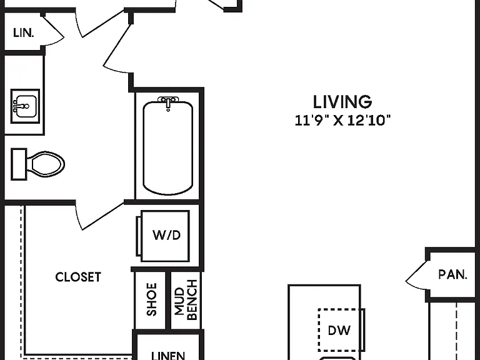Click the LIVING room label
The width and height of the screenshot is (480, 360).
[342, 102]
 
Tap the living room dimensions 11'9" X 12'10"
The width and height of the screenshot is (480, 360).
[342, 120]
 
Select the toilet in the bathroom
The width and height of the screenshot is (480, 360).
[38, 164]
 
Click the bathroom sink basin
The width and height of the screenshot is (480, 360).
[26, 106]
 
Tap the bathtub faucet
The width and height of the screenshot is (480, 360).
[167, 102]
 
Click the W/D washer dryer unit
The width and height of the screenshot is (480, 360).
[165, 236]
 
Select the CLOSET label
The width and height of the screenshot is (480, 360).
[78, 277]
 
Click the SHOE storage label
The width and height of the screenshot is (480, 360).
[152, 299]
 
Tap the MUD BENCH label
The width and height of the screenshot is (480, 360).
[186, 300]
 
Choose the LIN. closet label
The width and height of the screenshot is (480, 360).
[23, 32]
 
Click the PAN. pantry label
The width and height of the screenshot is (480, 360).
[452, 274]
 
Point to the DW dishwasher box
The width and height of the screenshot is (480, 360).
[339, 330]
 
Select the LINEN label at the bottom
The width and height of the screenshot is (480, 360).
[168, 356]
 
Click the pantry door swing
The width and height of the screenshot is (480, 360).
[417, 274]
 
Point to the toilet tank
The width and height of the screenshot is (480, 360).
[19, 164]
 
